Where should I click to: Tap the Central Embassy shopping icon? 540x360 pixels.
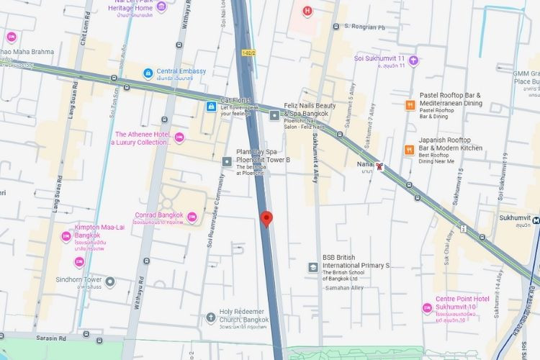pyautogui.click(x=148, y=72)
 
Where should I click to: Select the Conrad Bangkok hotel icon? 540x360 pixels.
pyautogui.click(x=192, y=216)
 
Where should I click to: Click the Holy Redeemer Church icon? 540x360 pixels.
pyautogui.click(x=210, y=315)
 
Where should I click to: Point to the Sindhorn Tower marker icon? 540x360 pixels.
pyautogui.click(x=109, y=281)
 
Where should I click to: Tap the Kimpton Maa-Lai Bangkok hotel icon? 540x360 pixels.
pyautogui.click(x=66, y=235)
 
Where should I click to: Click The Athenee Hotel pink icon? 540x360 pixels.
pyautogui.click(x=179, y=138)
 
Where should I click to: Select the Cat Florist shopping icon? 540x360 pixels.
pyautogui.click(x=211, y=107)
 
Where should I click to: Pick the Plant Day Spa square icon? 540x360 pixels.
pyautogui.click(x=228, y=161)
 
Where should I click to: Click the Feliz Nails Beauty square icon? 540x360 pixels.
pyautogui.click(x=274, y=114)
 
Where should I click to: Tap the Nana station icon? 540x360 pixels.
pyautogui.click(x=380, y=166)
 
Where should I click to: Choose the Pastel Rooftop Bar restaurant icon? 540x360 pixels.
pyautogui.click(x=409, y=104)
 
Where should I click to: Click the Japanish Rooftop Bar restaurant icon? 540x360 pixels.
pyautogui.click(x=409, y=150)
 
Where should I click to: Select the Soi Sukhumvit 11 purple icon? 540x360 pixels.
pyautogui.click(x=413, y=60)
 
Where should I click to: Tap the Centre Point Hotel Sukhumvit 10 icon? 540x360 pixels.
pyautogui.click(x=427, y=308)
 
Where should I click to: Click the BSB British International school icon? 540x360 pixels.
pyautogui.click(x=313, y=267)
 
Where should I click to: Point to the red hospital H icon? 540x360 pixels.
pyautogui.click(x=307, y=11)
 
